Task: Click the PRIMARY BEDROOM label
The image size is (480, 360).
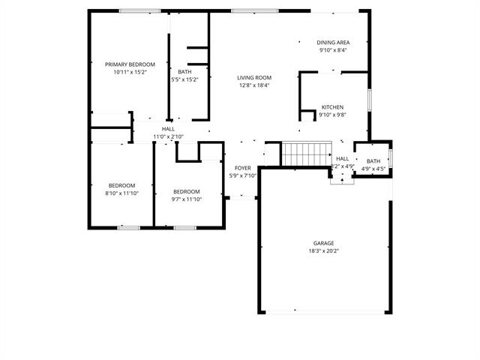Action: point(130,64)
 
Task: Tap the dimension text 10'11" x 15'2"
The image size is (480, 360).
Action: point(130,72)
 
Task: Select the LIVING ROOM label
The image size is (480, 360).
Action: point(254,77)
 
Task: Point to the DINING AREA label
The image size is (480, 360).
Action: point(334,43)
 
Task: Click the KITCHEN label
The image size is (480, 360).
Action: point(333,107)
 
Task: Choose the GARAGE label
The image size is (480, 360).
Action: point(324,243)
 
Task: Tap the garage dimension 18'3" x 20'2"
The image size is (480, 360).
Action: point(324,250)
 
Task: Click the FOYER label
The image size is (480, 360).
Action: point(242,168)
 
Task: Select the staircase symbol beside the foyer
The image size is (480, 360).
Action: point(301,154)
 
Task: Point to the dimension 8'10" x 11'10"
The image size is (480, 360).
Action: point(121,193)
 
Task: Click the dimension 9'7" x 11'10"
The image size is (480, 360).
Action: point(186,199)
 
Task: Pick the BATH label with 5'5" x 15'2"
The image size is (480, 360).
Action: point(184,72)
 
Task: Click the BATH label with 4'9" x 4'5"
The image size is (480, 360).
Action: point(373,161)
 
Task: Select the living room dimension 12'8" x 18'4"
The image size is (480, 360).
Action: point(254,85)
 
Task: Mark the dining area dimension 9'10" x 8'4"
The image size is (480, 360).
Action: point(334,50)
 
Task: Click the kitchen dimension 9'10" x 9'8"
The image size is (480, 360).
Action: point(333,115)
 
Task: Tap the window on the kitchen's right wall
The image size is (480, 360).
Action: point(369,100)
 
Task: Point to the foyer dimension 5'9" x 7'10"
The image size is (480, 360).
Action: point(242,175)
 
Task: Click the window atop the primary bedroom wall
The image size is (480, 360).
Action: point(139,10)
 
